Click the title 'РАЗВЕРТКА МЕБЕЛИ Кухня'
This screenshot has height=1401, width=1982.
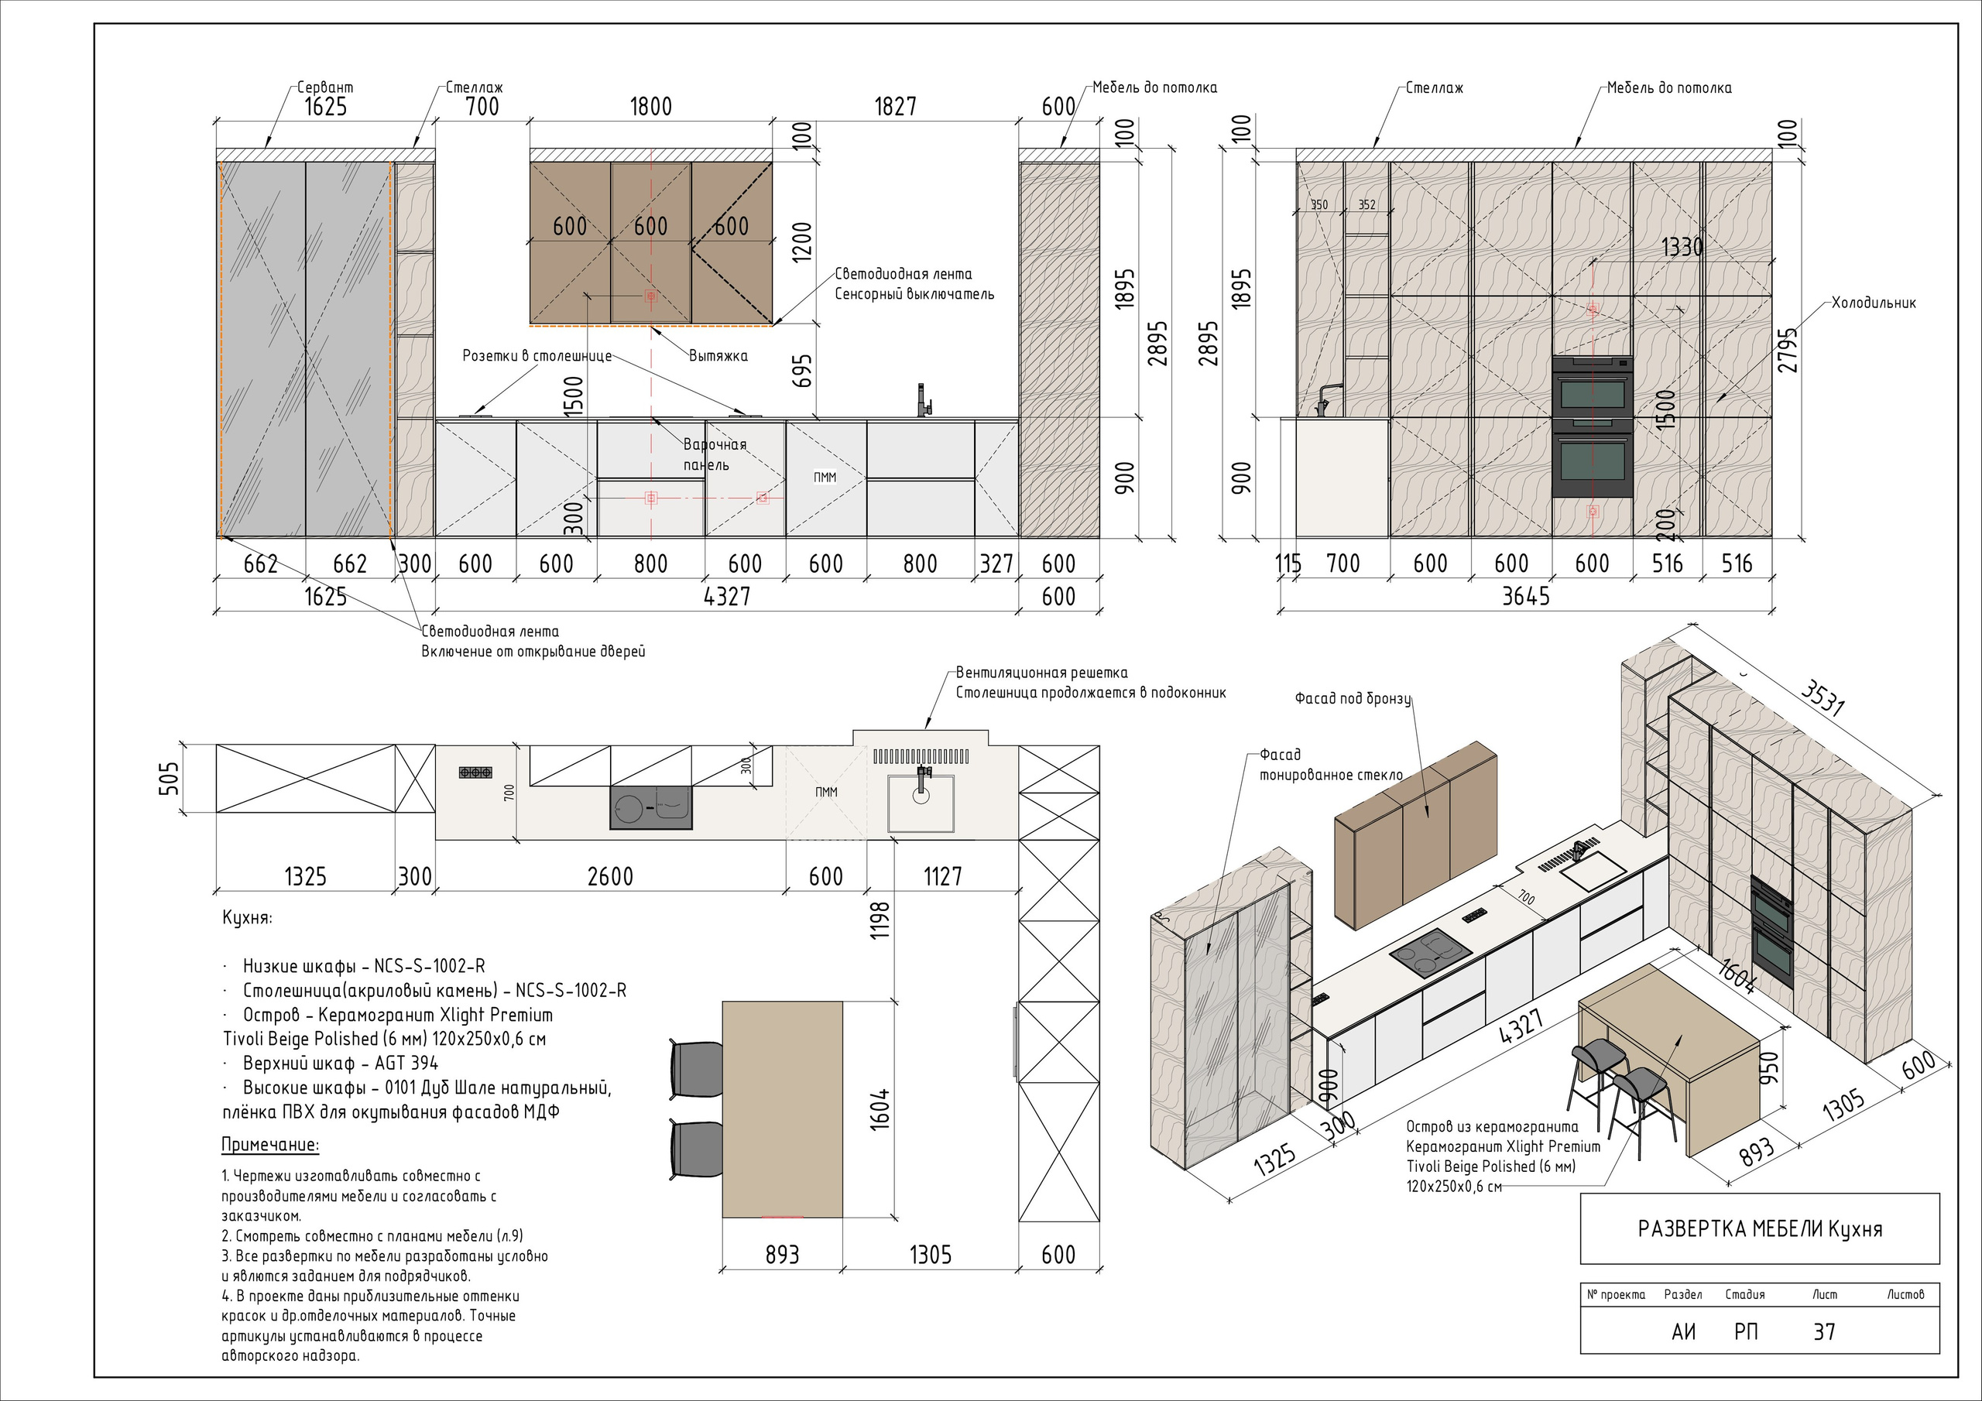[x=1760, y=1228]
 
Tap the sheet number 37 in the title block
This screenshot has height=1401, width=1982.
[x=1824, y=1332]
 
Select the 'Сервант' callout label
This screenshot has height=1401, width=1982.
[x=325, y=87]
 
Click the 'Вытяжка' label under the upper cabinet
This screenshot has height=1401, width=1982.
[x=718, y=355]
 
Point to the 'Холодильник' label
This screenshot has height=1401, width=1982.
[x=1874, y=303]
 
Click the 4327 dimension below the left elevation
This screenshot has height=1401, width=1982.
[x=727, y=597]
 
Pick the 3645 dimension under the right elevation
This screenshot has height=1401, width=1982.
[x=1525, y=597]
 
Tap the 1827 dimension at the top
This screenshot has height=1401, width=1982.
[x=895, y=106]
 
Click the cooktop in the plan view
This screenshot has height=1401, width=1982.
[x=651, y=808]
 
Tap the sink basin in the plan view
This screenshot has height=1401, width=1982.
[x=921, y=803]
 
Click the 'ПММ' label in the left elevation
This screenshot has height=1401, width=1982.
[x=825, y=478]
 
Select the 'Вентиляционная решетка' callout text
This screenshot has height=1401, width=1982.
[x=1042, y=673]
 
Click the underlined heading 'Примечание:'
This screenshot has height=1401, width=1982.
[x=270, y=1145]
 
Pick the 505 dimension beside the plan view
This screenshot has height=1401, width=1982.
[x=170, y=778]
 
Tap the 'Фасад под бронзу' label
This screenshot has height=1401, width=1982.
[x=1353, y=698]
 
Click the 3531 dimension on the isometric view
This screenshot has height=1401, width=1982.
[x=1823, y=698]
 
